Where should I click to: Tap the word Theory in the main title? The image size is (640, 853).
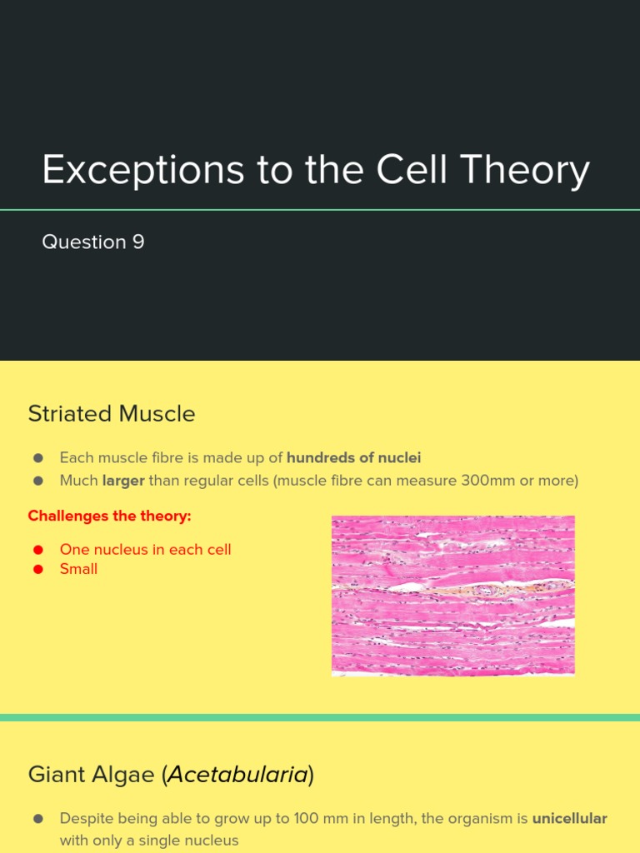(x=525, y=170)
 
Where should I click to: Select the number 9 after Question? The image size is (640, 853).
(x=137, y=242)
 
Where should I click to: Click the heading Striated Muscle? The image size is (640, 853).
(x=112, y=414)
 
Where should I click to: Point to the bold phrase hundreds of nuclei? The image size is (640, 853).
(x=353, y=457)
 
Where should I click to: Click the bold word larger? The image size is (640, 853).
(x=123, y=481)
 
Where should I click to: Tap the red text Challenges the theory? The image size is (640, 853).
(x=109, y=516)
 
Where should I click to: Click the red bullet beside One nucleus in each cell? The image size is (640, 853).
(x=37, y=550)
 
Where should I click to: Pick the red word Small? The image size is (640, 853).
(x=78, y=569)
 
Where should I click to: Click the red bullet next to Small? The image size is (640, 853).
(x=37, y=570)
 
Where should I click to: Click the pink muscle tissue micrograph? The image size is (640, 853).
(x=452, y=595)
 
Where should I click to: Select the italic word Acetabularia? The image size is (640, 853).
(x=237, y=776)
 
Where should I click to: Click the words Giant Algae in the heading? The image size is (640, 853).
(x=93, y=776)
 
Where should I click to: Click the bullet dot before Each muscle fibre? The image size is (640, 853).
(x=37, y=458)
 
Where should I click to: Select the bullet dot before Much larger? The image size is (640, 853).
(x=37, y=481)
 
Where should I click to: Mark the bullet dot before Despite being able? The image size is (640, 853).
(x=37, y=819)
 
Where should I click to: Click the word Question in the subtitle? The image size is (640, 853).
(x=83, y=242)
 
